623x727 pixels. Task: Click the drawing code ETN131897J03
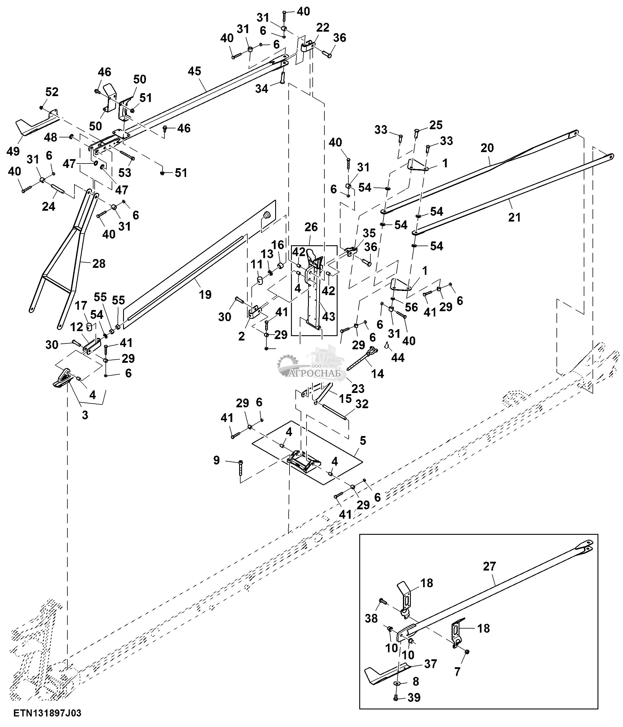pyautogui.click(x=47, y=713)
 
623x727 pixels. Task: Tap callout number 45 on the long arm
pyautogui.click(x=194, y=71)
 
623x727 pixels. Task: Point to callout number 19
pyautogui.click(x=205, y=294)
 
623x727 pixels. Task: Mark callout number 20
pyautogui.click(x=487, y=148)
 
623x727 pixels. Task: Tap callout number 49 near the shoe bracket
pyautogui.click(x=13, y=151)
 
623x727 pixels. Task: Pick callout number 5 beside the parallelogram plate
pyautogui.click(x=363, y=440)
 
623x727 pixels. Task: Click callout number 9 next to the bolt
pyautogui.click(x=217, y=460)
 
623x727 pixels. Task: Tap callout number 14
pyautogui.click(x=378, y=374)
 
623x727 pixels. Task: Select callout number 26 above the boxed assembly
pyautogui.click(x=311, y=227)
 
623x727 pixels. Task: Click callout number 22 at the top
pyautogui.click(x=322, y=28)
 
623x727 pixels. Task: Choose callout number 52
pyautogui.click(x=52, y=92)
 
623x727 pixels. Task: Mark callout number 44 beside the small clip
pyautogui.click(x=398, y=357)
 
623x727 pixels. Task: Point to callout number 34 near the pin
pyautogui.click(x=261, y=89)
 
